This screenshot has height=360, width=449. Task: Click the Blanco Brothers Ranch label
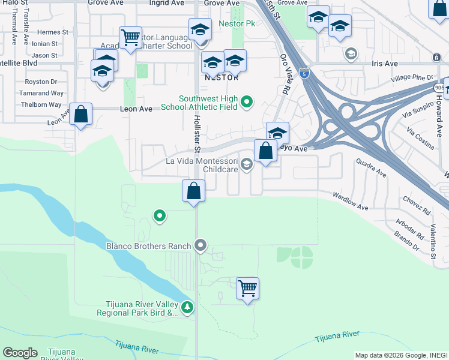tap(148, 245)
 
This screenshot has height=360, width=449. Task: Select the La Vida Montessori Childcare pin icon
tap(246, 164)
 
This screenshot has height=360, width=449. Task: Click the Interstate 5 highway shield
tap(306, 74)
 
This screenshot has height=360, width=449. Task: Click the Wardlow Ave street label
tap(351, 202)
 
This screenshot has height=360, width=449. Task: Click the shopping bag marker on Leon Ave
tap(80, 114)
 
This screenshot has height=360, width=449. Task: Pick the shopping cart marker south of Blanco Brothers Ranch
tap(247, 289)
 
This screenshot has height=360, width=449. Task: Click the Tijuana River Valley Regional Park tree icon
tap(188, 308)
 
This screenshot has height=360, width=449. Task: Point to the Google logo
tap(20, 353)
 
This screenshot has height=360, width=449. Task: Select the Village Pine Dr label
tap(411, 78)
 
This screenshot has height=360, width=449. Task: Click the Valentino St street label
tap(432, 241)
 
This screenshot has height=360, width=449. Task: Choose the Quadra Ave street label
tap(371, 168)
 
